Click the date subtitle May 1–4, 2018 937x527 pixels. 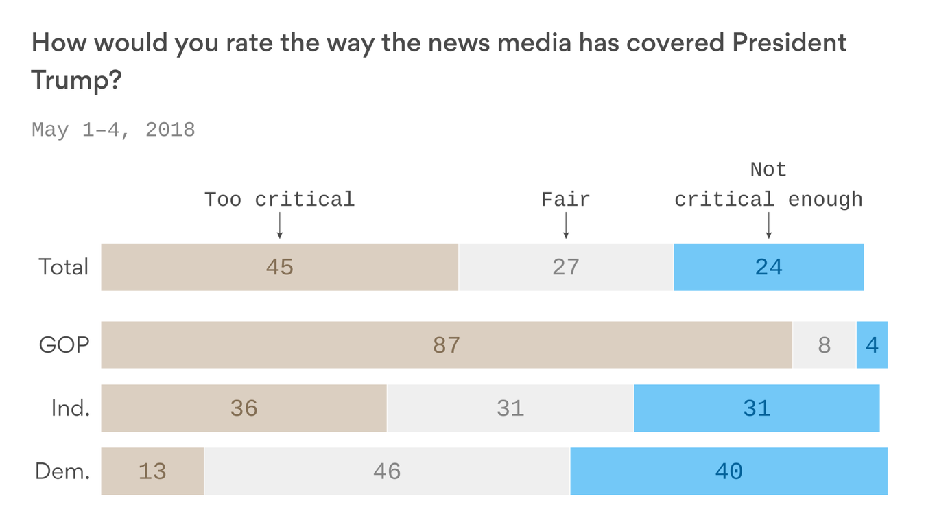click(x=113, y=130)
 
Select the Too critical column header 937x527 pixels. click(x=279, y=200)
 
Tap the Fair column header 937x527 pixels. click(x=565, y=200)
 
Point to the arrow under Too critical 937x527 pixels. click(x=280, y=226)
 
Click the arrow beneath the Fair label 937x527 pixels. click(x=566, y=226)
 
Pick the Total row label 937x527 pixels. click(x=63, y=267)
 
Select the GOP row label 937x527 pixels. click(x=64, y=345)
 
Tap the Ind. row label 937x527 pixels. click(x=70, y=408)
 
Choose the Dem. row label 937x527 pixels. click(x=62, y=471)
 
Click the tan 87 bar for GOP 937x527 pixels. click(x=446, y=345)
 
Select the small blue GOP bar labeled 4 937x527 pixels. click(x=872, y=345)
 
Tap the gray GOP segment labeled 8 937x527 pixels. click(x=824, y=345)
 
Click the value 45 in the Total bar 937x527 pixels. click(x=279, y=267)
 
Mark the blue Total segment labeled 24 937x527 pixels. click(x=768, y=267)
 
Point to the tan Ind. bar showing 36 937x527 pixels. click(x=244, y=408)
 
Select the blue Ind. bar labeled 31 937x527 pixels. click(x=757, y=408)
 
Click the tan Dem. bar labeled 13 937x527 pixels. click(x=152, y=471)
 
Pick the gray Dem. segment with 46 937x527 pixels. click(x=387, y=471)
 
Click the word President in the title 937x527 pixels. click(x=789, y=43)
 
